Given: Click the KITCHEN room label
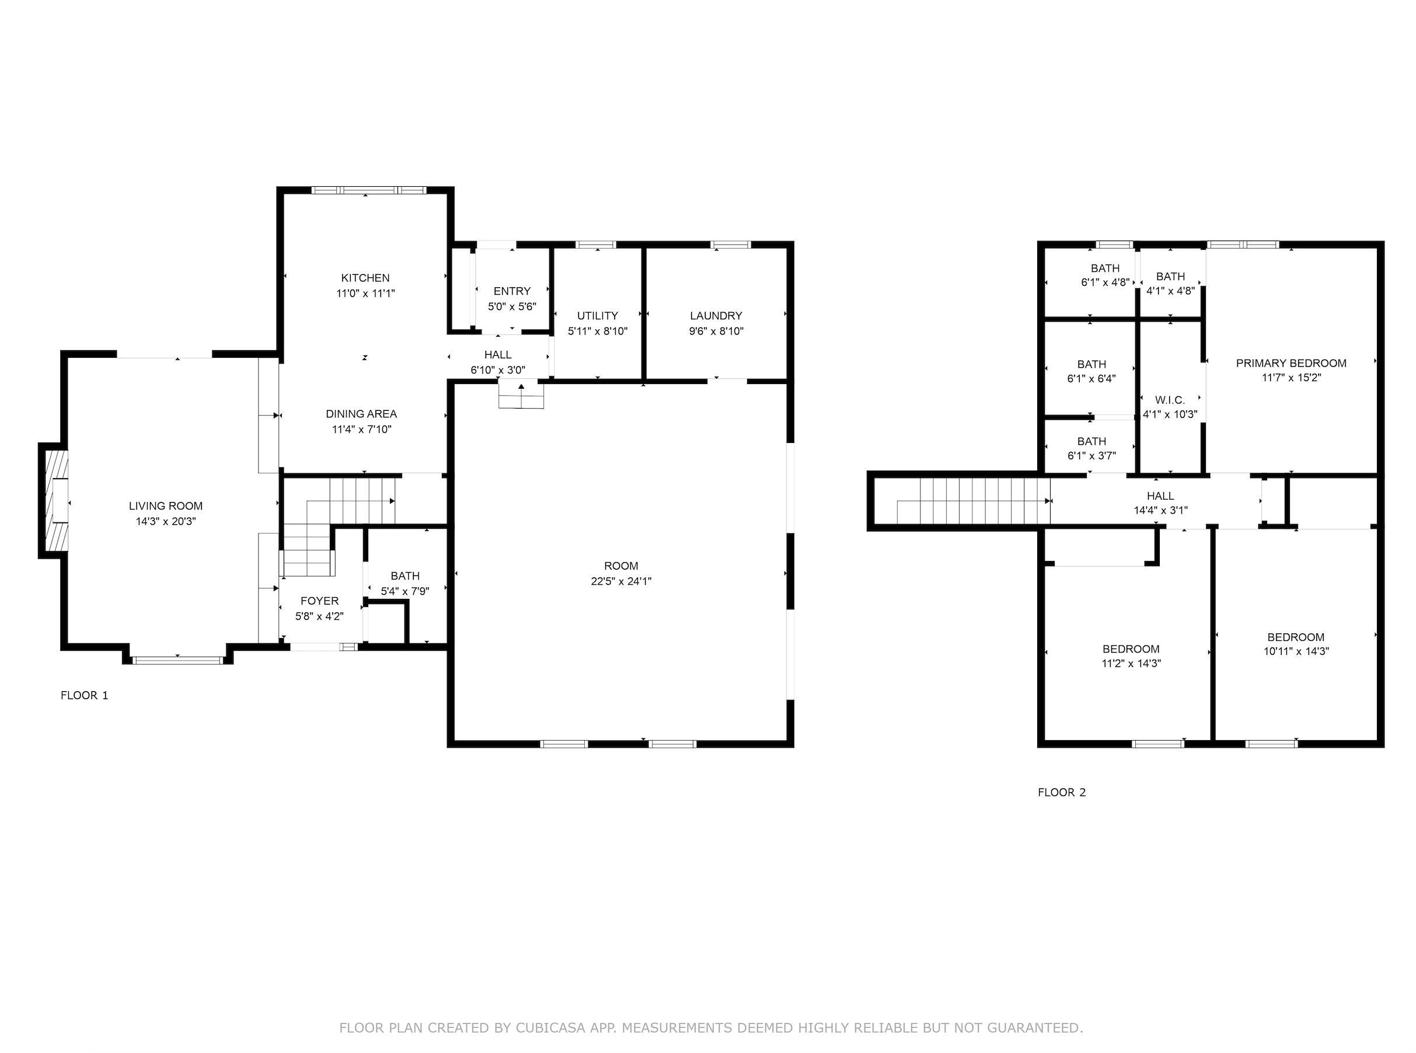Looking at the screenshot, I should tap(365, 278).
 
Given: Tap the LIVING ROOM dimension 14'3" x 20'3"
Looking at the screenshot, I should tap(166, 521).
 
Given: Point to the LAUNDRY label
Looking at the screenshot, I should tap(716, 316).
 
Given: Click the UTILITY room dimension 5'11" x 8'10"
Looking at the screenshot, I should tap(597, 332).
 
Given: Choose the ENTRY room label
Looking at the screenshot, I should tap(512, 291).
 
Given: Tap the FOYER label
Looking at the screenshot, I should tap(319, 601).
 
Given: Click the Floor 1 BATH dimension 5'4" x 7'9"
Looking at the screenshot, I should tap(404, 591).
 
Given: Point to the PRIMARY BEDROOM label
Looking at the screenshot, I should tap(1291, 363).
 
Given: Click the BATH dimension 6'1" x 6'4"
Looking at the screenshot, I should tap(1091, 379).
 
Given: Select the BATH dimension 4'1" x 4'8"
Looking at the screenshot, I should tap(1170, 291).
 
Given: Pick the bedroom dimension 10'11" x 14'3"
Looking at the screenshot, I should tap(1296, 651).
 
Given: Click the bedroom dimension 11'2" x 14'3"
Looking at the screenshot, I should tap(1131, 664).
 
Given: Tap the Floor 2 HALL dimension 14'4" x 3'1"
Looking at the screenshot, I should tap(1160, 511).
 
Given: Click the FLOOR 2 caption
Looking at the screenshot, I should tap(1062, 792).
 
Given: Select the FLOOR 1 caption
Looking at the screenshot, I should tap(84, 695).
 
